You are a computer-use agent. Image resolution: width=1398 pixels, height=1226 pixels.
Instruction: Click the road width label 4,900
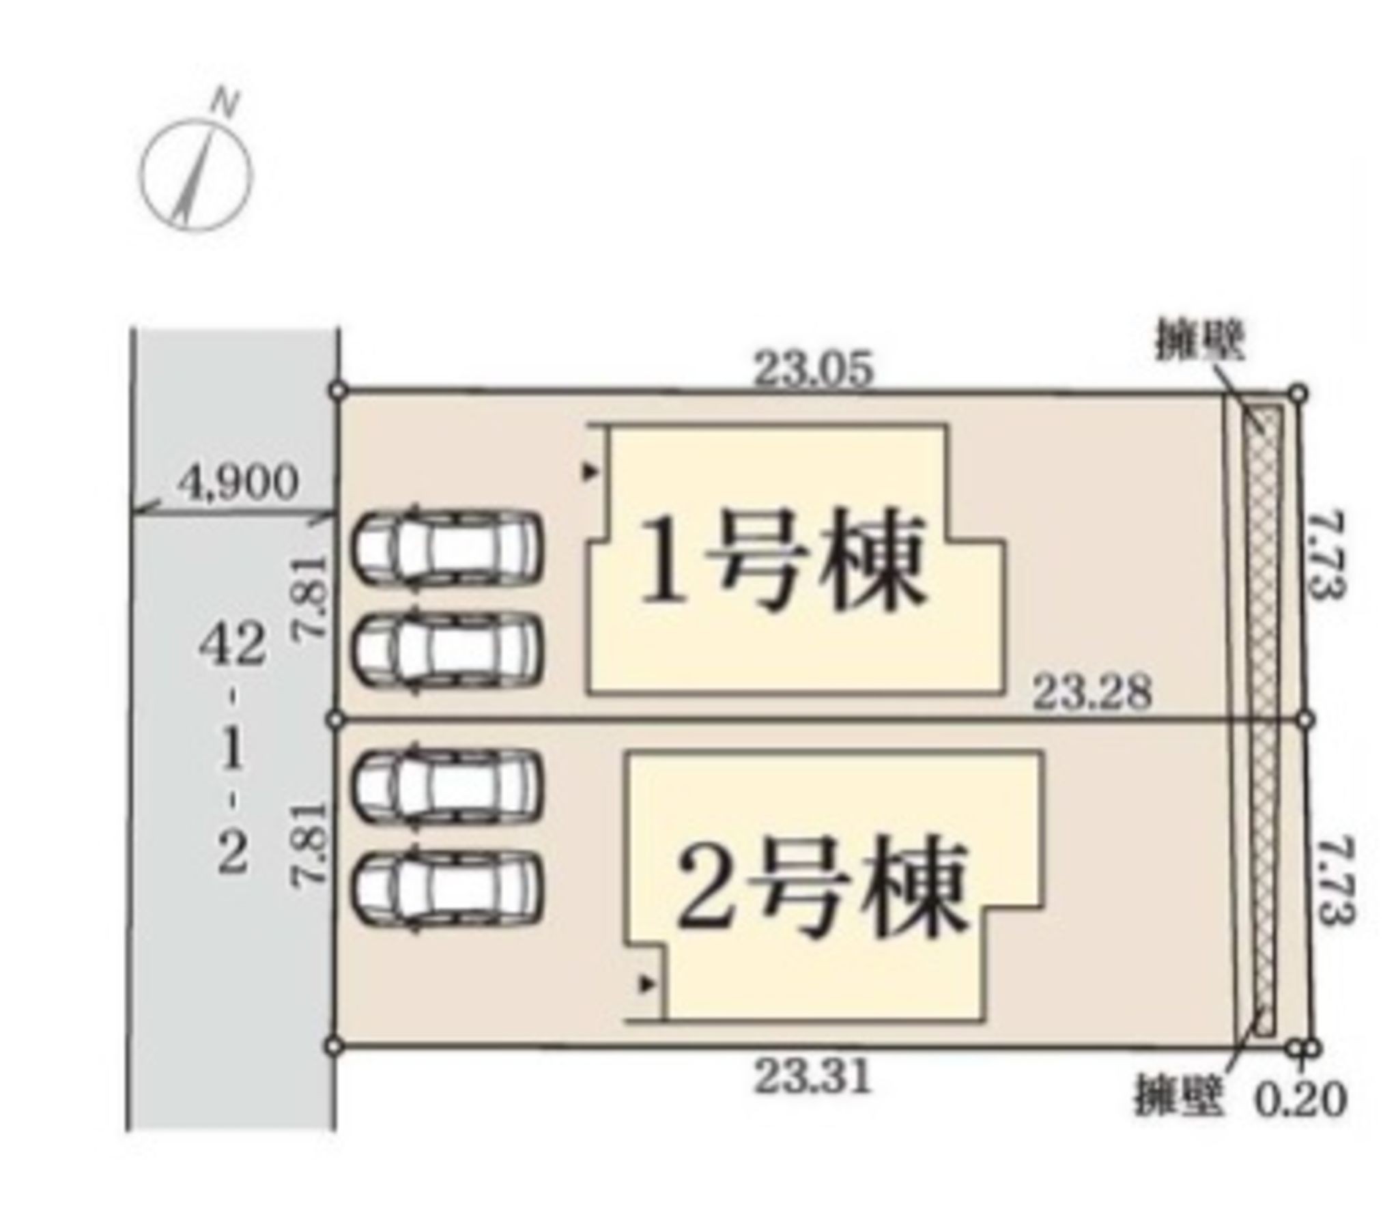(x=238, y=483)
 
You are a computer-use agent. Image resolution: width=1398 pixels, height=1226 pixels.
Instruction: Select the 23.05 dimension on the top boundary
(x=813, y=370)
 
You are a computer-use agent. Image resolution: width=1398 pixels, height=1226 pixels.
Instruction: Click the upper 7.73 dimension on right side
(x=1327, y=556)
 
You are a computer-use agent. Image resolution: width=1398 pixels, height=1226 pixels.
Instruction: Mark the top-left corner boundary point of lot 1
(x=337, y=390)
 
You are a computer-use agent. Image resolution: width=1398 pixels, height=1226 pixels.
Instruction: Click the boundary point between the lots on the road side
(x=334, y=719)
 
